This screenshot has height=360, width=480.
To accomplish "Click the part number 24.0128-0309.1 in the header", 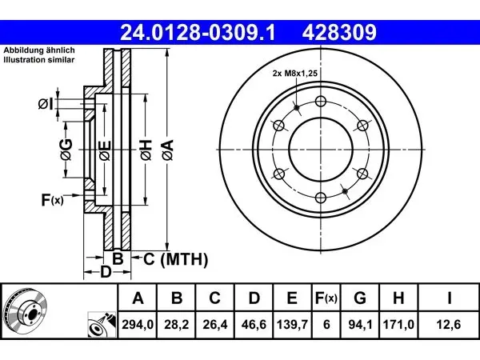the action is [x=198, y=33].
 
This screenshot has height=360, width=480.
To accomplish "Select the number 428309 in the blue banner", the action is [x=339, y=33].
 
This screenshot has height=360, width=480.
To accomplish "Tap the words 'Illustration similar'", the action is [x=39, y=60].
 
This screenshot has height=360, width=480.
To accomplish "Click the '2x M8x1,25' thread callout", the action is [x=295, y=73].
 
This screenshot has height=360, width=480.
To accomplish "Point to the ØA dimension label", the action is [x=168, y=150].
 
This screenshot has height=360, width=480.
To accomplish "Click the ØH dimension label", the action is [x=146, y=150].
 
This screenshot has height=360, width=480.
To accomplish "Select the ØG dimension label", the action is [x=66, y=150].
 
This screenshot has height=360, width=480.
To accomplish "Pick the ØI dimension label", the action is [x=46, y=104].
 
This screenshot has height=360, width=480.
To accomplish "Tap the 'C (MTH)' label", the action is [x=176, y=259].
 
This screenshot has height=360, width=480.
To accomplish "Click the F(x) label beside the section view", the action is [x=52, y=200].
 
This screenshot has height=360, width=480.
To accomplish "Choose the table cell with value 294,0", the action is [x=138, y=325].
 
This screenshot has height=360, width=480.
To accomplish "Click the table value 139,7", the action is [x=292, y=325].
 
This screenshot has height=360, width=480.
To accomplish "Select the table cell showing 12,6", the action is [x=449, y=325].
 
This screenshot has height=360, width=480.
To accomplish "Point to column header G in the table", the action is [x=360, y=298].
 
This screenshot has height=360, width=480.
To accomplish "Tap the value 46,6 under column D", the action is [x=254, y=325].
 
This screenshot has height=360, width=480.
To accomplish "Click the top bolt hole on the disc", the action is [x=321, y=101].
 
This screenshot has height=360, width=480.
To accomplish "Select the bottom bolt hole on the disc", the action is [x=321, y=198].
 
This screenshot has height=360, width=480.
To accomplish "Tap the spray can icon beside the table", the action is [x=102, y=325].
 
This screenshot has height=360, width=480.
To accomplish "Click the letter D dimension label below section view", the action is [x=106, y=272].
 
